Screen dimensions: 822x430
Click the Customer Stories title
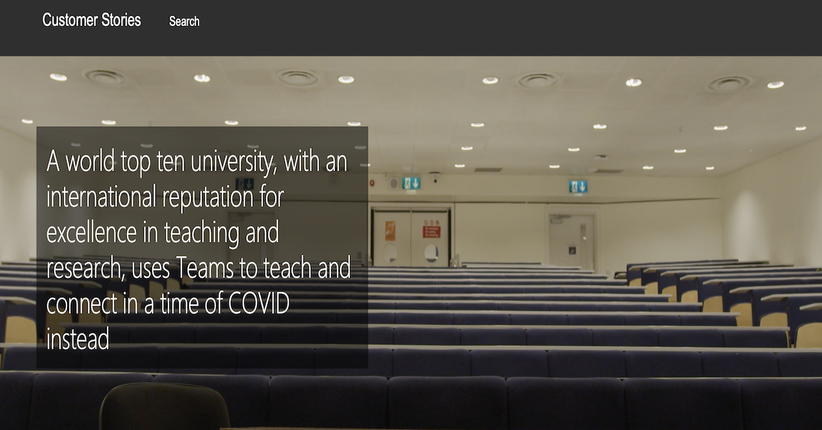pyautogui.click(x=91, y=20)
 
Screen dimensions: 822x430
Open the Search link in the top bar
pyautogui.click(x=184, y=21)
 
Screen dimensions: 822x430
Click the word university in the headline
pyautogui.click(x=232, y=162)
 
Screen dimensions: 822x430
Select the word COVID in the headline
pyautogui.click(x=259, y=303)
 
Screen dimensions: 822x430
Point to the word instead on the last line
pyautogui.click(x=78, y=338)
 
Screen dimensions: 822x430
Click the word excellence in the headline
pyautogui.click(x=91, y=233)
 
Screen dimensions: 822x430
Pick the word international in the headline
pyautogui.click(x=101, y=197)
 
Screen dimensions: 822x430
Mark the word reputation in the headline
pyautogui.click(x=208, y=198)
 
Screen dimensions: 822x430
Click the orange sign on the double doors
pyautogui.click(x=390, y=231)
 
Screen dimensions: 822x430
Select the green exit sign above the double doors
pyautogui.click(x=411, y=183)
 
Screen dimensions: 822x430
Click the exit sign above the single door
pyautogui.click(x=578, y=186)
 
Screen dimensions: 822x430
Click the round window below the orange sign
pyautogui.click(x=390, y=253)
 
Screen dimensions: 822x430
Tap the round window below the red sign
pyautogui.click(x=431, y=253)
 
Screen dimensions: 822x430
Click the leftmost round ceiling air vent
pyautogui.click(x=105, y=77)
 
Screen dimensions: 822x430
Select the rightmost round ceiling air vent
pyautogui.click(x=729, y=84)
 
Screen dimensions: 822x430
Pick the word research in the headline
pyautogui.click(x=84, y=268)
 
